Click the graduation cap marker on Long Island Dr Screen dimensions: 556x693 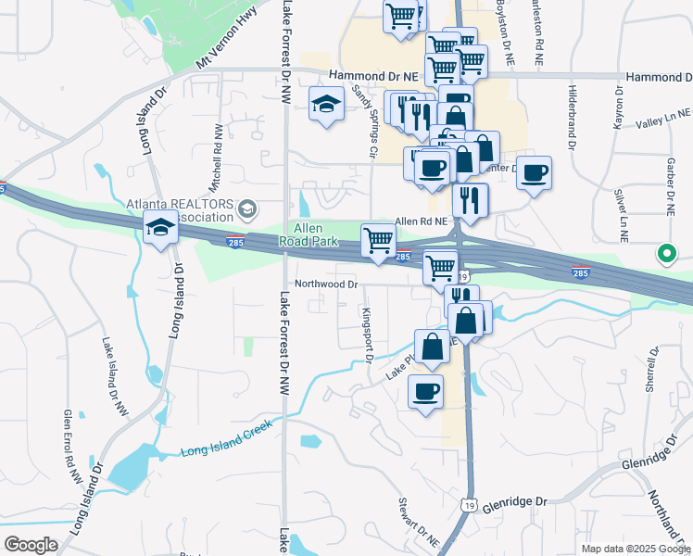[x=160, y=226]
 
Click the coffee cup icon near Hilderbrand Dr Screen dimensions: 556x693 [x=534, y=172]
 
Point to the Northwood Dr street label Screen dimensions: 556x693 [x=326, y=284]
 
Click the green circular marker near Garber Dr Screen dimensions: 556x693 [x=665, y=252]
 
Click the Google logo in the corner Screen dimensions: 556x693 [x=31, y=544]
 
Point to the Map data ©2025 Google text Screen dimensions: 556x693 [x=634, y=549]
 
